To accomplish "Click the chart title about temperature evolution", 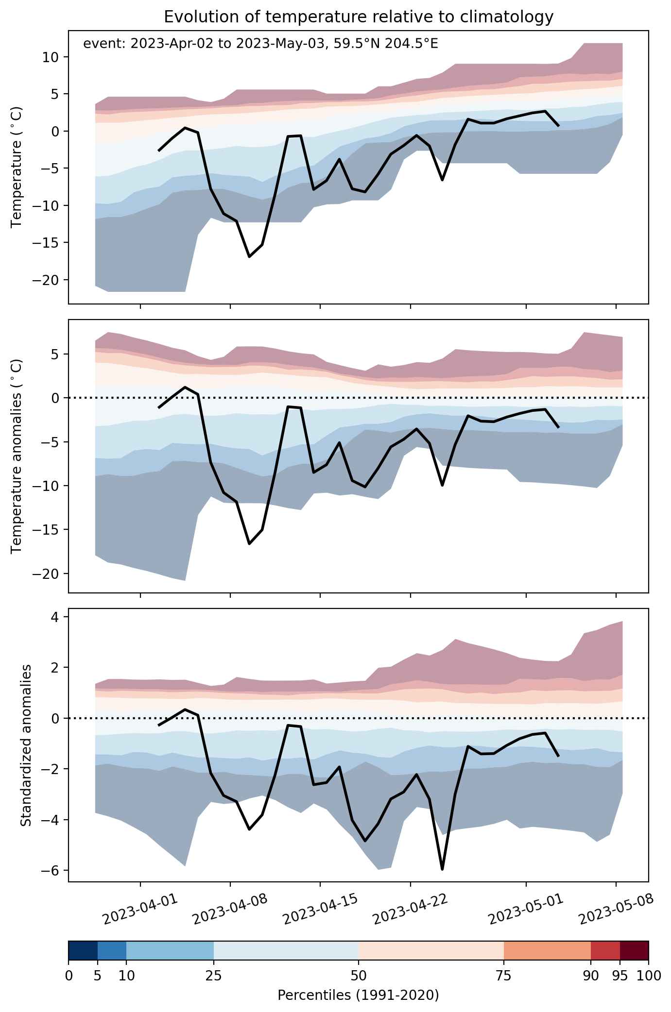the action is pyautogui.click(x=359, y=17).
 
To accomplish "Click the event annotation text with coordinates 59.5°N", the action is pyautogui.click(x=261, y=44).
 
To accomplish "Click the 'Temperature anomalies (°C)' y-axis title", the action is pyautogui.click(x=17, y=456).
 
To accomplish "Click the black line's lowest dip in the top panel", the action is pyautogui.click(x=249, y=256).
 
